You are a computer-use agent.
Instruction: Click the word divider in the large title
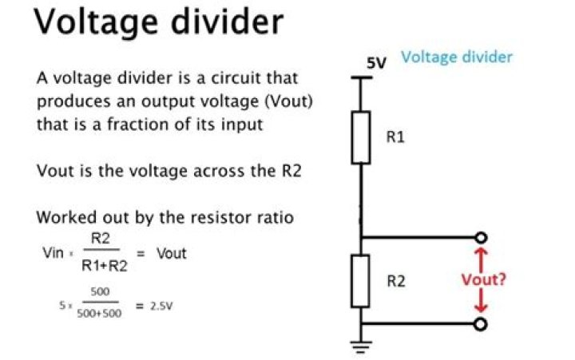(x=224, y=22)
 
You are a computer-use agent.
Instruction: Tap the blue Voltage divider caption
(x=456, y=57)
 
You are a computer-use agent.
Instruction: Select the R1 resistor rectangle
(x=361, y=136)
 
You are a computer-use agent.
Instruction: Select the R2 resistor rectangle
(x=361, y=281)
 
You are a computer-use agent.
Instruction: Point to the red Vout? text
(x=484, y=280)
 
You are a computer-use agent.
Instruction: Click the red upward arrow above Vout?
(x=481, y=257)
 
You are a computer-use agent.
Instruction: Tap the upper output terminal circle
(x=481, y=238)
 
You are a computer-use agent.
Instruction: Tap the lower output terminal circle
(x=481, y=323)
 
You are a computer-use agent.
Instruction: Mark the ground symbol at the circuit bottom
(x=361, y=345)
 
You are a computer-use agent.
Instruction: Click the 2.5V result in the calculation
(x=162, y=304)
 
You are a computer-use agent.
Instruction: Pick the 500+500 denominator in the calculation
(x=99, y=314)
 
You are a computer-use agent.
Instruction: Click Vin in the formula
(x=53, y=253)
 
